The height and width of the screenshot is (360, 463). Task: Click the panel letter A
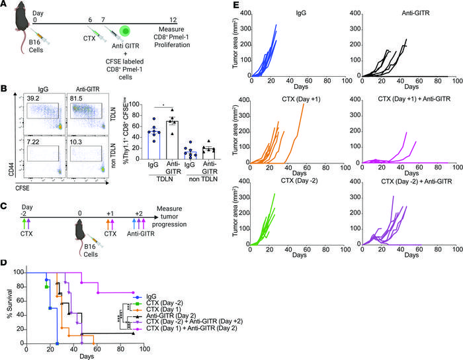coord(5,6)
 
